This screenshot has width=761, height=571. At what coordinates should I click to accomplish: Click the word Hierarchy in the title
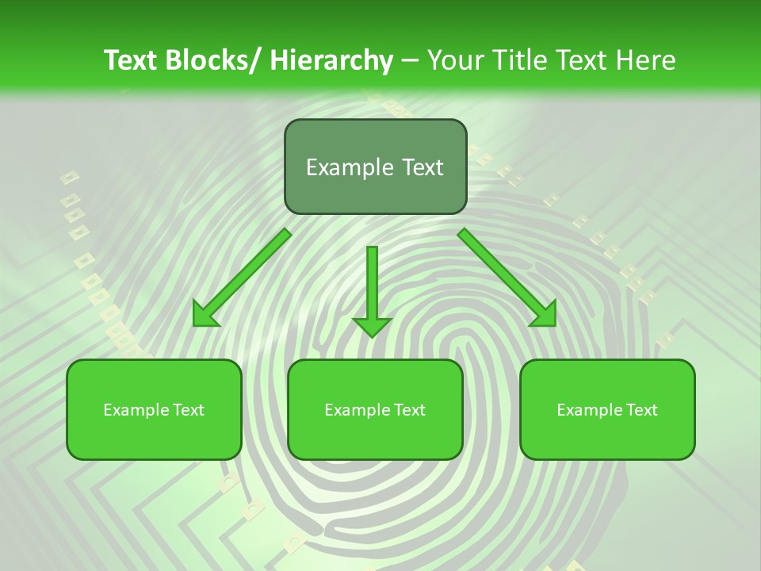click(331, 60)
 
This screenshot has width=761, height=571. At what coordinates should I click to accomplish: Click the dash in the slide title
click(410, 60)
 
